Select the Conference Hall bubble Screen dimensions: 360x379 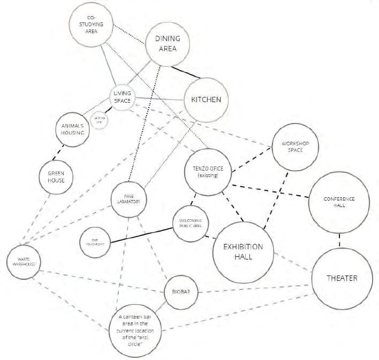click(339, 203)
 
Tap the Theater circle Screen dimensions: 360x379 click(342, 279)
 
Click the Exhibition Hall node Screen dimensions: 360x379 click(243, 252)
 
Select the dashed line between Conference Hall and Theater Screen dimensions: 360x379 click(339, 241)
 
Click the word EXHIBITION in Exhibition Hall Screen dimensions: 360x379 click(243, 247)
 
